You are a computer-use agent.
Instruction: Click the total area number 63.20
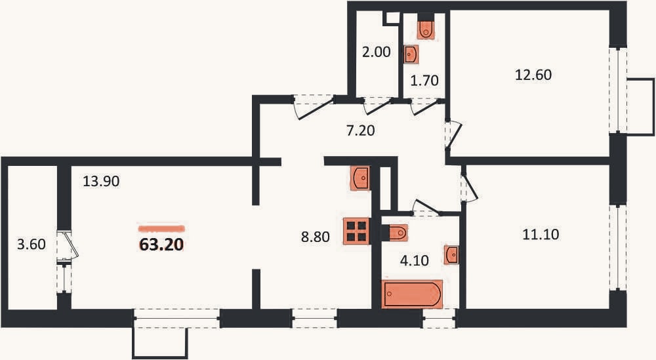pos(161,244)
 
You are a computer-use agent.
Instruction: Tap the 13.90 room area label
pos(101,182)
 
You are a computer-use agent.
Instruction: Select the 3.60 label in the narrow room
pos(31,244)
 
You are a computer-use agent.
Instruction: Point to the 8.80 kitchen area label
pos(316,237)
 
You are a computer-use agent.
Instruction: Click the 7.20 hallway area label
pos(361,131)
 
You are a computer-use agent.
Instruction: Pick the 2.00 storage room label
pos(377,52)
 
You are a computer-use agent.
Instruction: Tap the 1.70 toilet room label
pos(424,80)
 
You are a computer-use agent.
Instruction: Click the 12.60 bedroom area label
pos(533,75)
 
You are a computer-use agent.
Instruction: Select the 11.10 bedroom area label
pos(541,234)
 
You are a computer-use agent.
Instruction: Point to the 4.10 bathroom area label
pos(414,261)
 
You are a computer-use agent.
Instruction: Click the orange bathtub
pos(413,294)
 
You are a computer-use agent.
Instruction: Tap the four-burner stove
pos(356,231)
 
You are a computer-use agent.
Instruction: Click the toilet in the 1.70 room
pos(426,27)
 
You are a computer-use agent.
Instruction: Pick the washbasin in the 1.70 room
pos(411,54)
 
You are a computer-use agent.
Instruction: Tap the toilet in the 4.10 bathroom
pos(398,233)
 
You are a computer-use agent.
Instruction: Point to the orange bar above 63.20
pos(161,229)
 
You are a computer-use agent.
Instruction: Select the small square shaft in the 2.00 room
pos(393,18)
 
